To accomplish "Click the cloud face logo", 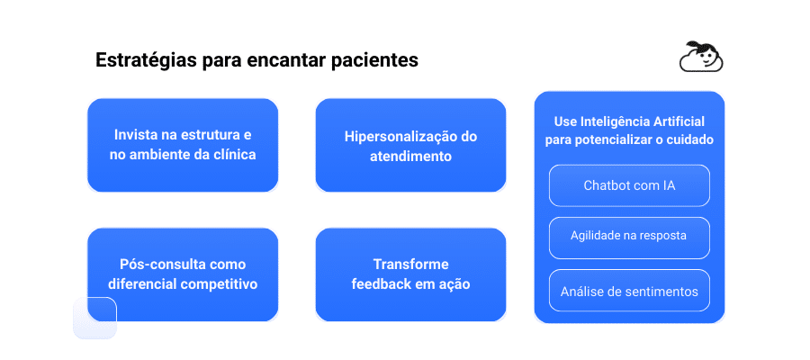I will click(702, 58).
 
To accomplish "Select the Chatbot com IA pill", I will click(629, 185).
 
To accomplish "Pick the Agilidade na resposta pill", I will click(629, 236).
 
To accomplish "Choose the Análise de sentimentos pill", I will click(629, 291).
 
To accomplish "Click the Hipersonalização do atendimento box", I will click(410, 145).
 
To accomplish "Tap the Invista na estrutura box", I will click(183, 145).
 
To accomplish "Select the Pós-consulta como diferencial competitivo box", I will click(183, 274).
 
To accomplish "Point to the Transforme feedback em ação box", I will click(410, 274).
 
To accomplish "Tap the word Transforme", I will click(410, 265).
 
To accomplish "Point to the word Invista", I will click(134, 135).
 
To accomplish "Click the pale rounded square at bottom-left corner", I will click(94, 318).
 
